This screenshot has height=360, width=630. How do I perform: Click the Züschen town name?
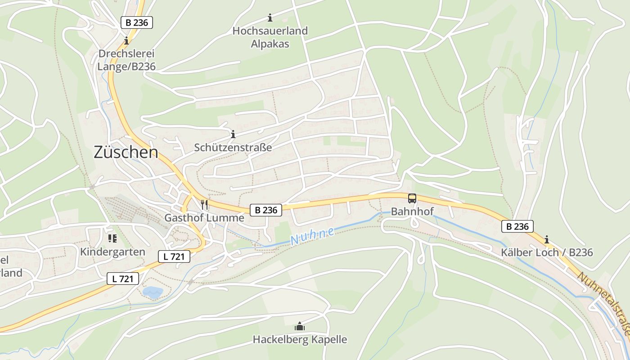pyautogui.click(x=126, y=153)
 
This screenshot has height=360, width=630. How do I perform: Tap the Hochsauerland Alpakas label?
pyautogui.click(x=270, y=37)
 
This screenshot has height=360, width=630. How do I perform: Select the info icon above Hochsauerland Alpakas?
pyautogui.click(x=270, y=18)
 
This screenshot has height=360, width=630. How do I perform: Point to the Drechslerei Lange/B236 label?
pyautogui.click(x=126, y=60)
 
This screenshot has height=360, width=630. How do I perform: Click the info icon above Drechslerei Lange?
pyautogui.click(x=126, y=40)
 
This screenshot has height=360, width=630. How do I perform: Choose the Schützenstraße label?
pyautogui.click(x=233, y=148)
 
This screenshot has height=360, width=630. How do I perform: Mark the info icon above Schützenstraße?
pyautogui.click(x=233, y=134)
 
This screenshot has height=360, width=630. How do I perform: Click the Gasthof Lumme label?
pyautogui.click(x=204, y=218)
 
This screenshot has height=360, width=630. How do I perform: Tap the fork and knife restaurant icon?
pyautogui.click(x=204, y=205)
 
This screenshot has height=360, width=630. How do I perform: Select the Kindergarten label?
pyautogui.click(x=112, y=252)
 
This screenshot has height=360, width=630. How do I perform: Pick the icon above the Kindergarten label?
pyautogui.click(x=112, y=238)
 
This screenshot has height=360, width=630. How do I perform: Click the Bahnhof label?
pyautogui.click(x=412, y=211)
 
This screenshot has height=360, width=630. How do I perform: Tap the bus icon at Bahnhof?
pyautogui.click(x=412, y=198)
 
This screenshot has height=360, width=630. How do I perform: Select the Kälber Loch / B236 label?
pyautogui.click(x=547, y=252)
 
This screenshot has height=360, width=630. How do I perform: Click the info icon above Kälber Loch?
pyautogui.click(x=547, y=239)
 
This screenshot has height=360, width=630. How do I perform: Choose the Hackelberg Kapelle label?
pyautogui.click(x=300, y=339)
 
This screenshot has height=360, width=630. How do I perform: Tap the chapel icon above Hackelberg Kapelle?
pyautogui.click(x=300, y=326)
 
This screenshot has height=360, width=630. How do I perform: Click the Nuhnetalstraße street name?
pyautogui.click(x=603, y=303)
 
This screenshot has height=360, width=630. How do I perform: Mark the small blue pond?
pyautogui.click(x=153, y=292)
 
